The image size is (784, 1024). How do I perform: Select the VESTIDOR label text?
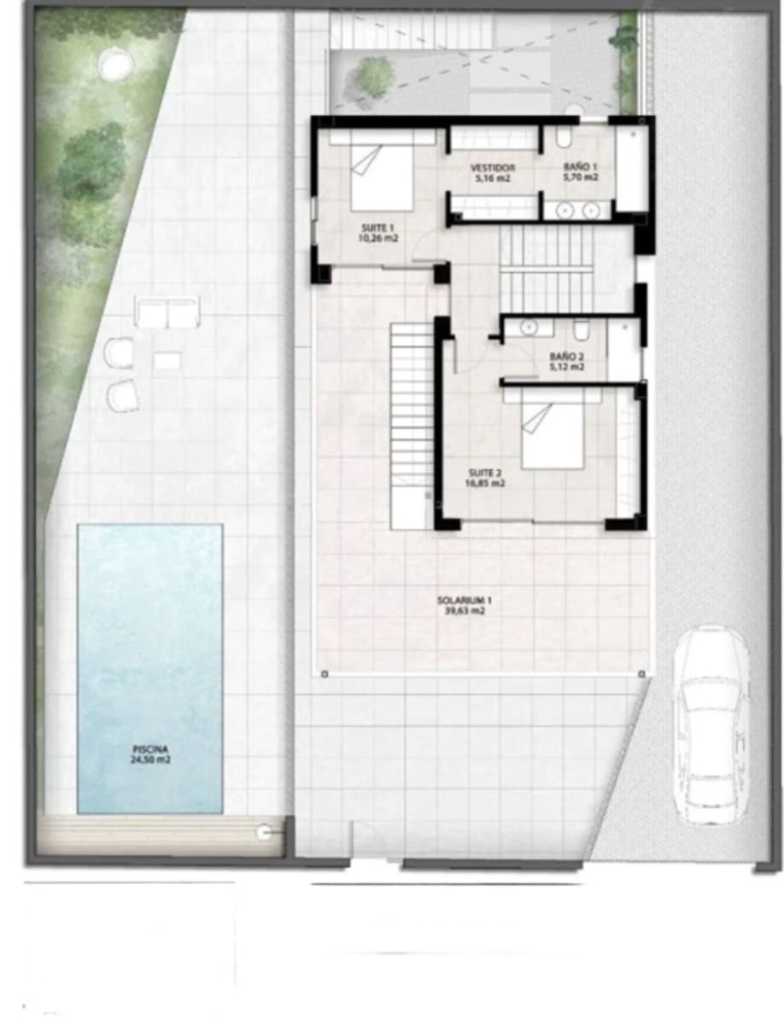(x=493, y=168)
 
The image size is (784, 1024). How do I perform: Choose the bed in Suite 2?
(x=553, y=435)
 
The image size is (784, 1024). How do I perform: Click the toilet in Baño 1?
(x=565, y=137)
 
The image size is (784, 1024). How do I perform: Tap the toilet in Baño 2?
(x=581, y=329)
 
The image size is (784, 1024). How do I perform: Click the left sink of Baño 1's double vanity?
(x=565, y=210)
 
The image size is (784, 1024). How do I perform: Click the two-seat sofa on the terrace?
(x=167, y=313)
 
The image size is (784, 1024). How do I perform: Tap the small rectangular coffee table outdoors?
(x=167, y=361)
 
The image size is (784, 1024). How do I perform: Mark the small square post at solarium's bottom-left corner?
(x=325, y=674)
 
